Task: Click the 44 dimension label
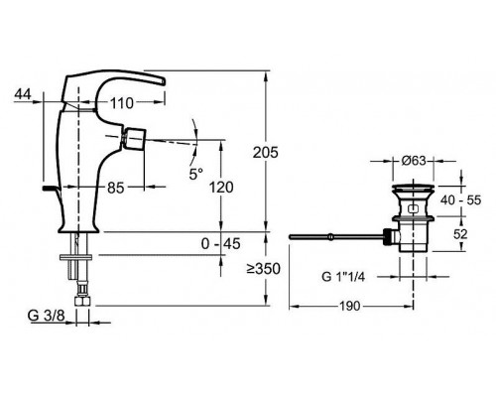coord(23,94)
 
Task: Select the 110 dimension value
coord(122,103)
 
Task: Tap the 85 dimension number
coord(116,188)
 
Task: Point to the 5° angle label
coord(196,174)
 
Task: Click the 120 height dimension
coord(221,188)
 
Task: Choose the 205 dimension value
coord(266,153)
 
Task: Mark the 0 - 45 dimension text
coord(220,244)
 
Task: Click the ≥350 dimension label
coord(263,269)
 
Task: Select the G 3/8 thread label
coord(47,316)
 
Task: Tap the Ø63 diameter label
coord(414,161)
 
